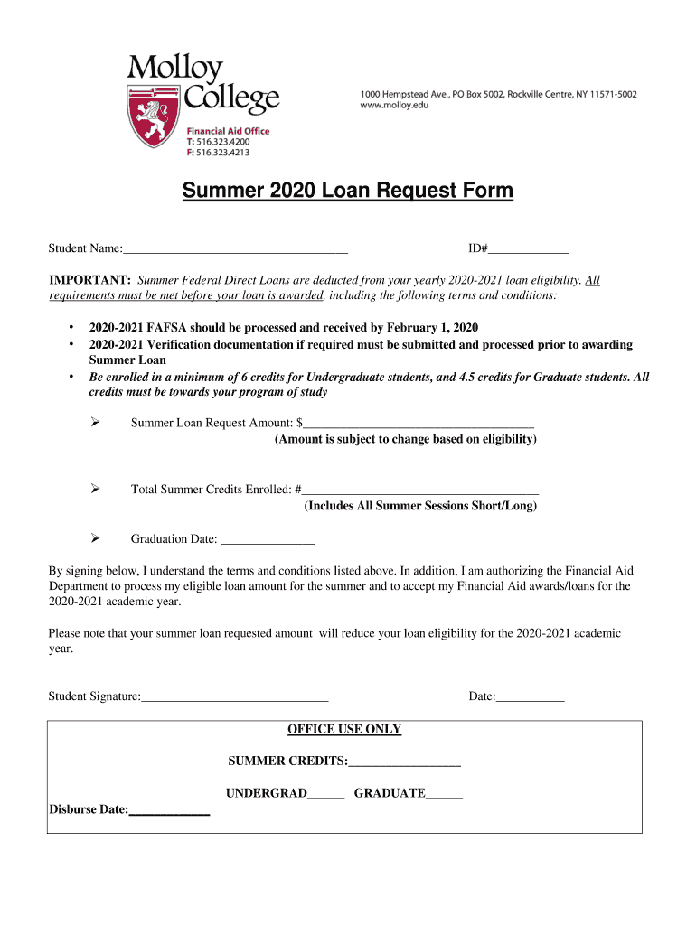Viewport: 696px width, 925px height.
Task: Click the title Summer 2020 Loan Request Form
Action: pyautogui.click(x=347, y=192)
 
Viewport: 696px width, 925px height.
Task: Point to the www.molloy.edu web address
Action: pyautogui.click(x=394, y=106)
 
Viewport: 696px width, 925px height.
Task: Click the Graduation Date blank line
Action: pyautogui.click(x=268, y=539)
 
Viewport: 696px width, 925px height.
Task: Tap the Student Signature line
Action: pyautogui.click(x=234, y=696)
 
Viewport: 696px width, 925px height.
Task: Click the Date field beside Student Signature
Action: pyautogui.click(x=531, y=696)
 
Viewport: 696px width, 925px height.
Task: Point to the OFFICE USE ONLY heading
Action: pyautogui.click(x=344, y=729)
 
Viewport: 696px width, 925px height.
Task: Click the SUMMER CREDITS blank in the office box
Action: pyautogui.click(x=404, y=762)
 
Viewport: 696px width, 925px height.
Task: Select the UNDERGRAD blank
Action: pyautogui.click(x=325, y=793)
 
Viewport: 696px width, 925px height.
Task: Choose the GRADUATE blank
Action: pyautogui.click(x=444, y=793)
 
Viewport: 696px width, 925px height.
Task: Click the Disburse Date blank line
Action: pyautogui.click(x=169, y=810)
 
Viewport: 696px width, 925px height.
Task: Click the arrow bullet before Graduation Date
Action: pyautogui.click(x=94, y=539)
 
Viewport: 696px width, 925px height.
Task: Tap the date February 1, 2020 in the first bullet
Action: pyautogui.click(x=434, y=327)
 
